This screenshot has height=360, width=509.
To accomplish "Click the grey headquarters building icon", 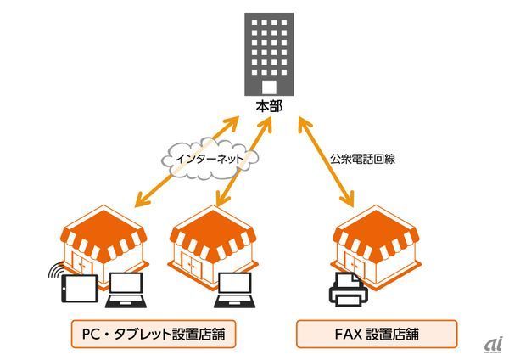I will (x=268, y=53).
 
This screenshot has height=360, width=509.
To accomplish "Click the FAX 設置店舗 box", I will (x=376, y=333).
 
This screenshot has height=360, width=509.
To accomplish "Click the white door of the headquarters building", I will (x=268, y=87).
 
